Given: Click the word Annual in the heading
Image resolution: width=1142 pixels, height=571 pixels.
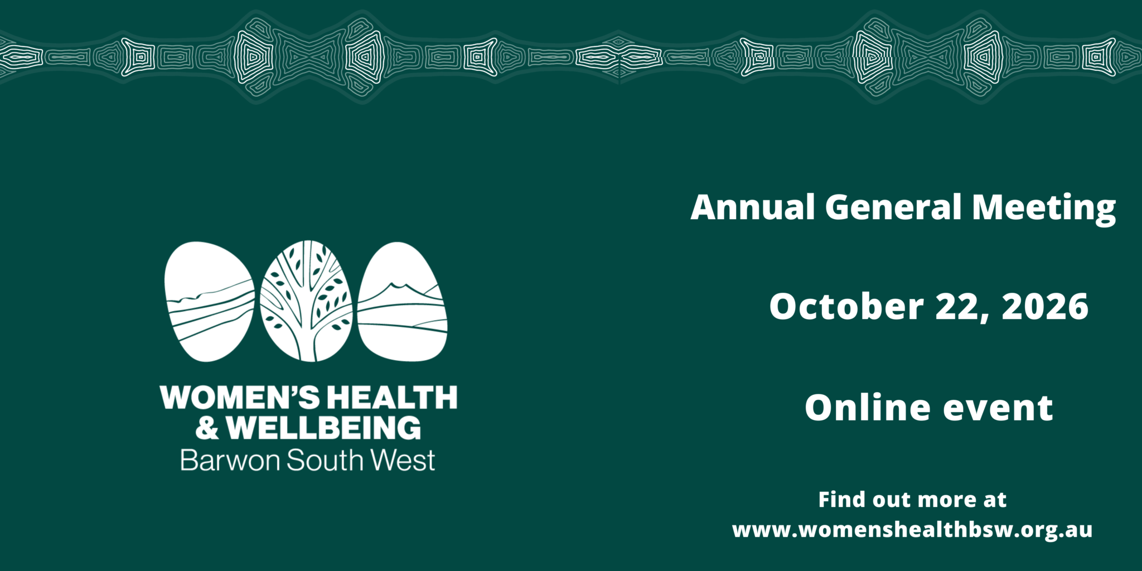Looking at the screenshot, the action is (x=753, y=207).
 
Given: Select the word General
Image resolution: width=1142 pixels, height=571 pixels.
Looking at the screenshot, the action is (x=893, y=207).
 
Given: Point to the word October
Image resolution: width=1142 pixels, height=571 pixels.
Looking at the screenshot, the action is (x=846, y=307).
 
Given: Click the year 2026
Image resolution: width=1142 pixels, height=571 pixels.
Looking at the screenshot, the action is (x=1045, y=307).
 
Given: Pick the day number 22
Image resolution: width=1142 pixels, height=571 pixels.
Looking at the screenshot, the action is (x=962, y=308).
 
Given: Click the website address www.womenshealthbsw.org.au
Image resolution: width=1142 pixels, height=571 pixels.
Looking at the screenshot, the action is (x=912, y=530).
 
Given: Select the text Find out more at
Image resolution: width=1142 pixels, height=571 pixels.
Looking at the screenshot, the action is (x=912, y=500).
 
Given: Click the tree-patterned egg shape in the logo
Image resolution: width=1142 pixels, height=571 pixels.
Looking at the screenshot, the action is (x=306, y=301).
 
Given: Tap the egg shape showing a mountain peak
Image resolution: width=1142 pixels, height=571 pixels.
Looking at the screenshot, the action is (x=402, y=301).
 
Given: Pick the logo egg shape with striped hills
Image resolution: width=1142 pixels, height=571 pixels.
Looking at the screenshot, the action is (x=209, y=301).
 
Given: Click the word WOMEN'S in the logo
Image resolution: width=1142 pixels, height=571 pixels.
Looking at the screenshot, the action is (x=240, y=398).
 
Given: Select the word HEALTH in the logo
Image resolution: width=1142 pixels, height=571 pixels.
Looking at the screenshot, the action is (x=392, y=398).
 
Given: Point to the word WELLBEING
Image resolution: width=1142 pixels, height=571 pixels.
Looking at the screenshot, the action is (x=323, y=428).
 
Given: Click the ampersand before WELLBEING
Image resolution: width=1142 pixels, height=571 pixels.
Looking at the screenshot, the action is (x=207, y=428).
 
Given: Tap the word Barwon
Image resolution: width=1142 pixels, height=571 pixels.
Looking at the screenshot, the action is (x=230, y=461).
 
